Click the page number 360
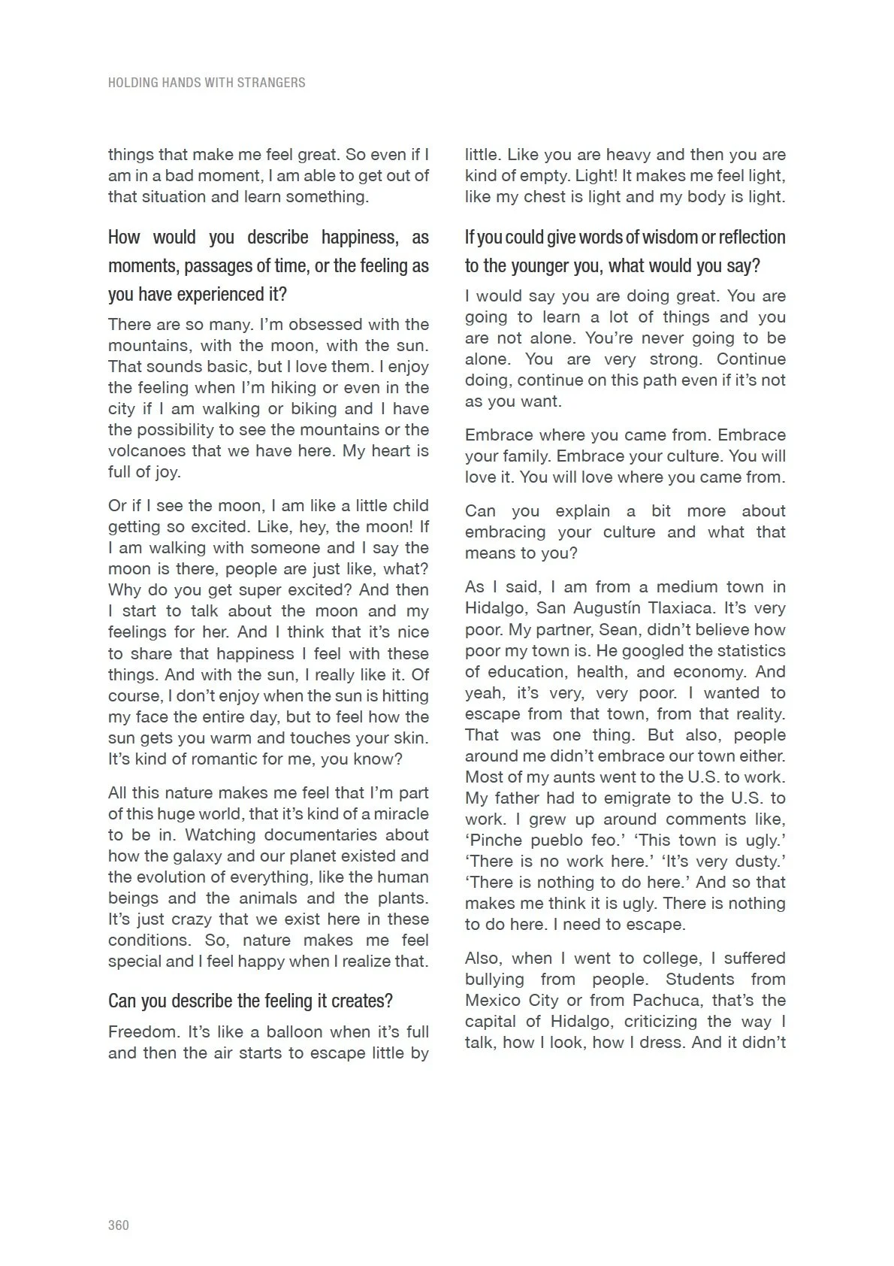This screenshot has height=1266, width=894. (119, 1225)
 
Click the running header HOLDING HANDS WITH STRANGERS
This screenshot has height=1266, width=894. (207, 83)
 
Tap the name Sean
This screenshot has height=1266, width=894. (618, 629)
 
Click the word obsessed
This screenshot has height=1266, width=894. (323, 325)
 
